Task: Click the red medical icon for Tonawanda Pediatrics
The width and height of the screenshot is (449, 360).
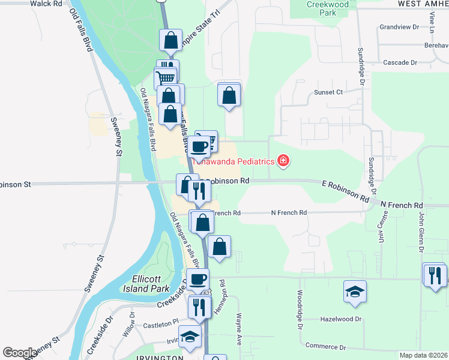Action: [x=282, y=161]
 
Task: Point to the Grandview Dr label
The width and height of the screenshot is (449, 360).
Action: [x=399, y=28]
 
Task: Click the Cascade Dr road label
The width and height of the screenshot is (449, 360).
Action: [x=400, y=62]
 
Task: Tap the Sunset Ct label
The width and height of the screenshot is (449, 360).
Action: [x=328, y=92]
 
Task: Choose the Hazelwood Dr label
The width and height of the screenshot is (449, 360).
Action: [x=343, y=320]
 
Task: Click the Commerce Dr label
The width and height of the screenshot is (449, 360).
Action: [x=327, y=347]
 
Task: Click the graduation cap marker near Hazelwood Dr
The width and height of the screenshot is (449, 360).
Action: [x=355, y=292]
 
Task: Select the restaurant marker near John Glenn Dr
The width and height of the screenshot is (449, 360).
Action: [x=434, y=274]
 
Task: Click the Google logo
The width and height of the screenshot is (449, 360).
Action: [x=20, y=353]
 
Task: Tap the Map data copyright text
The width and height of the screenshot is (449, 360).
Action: [x=423, y=355]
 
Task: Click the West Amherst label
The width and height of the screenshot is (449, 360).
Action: [x=423, y=4]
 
